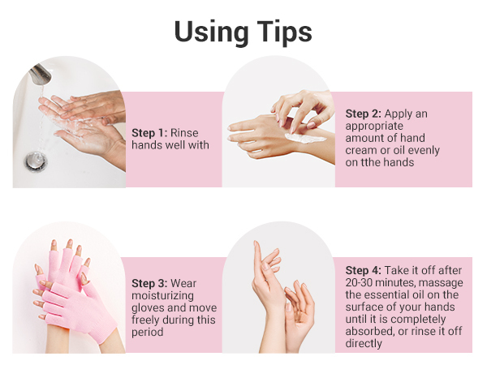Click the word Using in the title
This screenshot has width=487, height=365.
coord(211,32)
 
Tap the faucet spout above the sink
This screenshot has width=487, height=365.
coord(40,75)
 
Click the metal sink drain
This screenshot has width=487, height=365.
coord(37,161)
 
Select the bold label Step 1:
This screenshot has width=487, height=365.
coord(149,133)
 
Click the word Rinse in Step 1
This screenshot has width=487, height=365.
coord(184,133)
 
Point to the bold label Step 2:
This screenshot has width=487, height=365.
coord(364,114)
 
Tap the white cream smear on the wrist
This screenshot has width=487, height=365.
coord(306,138)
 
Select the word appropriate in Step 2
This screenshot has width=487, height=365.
coord(374,126)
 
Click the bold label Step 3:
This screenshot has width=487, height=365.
coord(149,283)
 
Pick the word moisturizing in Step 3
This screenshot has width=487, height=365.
coord(163,296)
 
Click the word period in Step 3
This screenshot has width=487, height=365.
coord(148,333)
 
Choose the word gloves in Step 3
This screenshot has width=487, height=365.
coord(148,308)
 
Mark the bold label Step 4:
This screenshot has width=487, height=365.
coord(364,270)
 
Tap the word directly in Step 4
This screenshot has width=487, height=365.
coord(364,344)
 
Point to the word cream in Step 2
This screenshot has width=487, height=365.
coord(360,151)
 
